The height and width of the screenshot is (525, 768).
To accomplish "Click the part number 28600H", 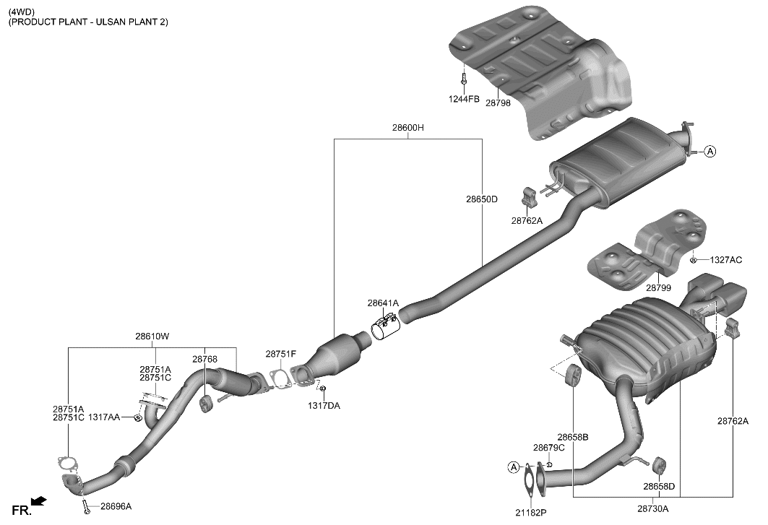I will coord(407,128).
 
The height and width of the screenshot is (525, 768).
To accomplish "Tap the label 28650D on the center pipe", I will coord(482,199).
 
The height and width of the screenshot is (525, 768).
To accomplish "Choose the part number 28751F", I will coord(280,354).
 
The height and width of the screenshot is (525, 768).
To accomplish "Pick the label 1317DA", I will coord(324,406).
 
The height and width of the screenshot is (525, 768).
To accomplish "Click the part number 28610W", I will coord(152,336).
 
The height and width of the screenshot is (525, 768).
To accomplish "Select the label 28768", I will coord(204,359).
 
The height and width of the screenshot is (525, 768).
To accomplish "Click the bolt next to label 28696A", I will coord(86,507).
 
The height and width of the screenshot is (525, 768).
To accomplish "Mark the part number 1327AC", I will coord(725,260).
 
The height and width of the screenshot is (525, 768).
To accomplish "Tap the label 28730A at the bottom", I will coord(652,508).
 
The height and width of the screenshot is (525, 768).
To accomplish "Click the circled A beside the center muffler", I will coord(710,152).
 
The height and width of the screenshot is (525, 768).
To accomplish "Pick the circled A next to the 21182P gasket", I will coord(514,468).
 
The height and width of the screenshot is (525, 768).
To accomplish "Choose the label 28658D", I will coord(660,486).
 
